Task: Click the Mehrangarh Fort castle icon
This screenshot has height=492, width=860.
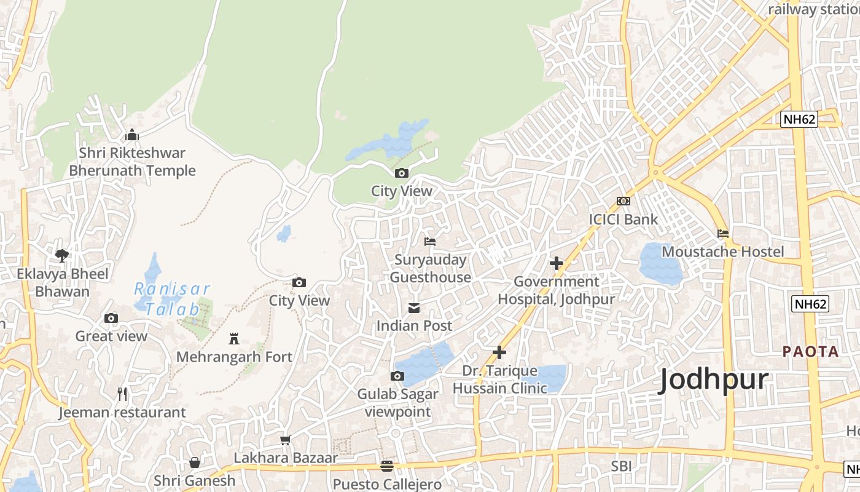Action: click(234, 339)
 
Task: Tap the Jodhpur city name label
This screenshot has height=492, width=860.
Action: click(713, 381)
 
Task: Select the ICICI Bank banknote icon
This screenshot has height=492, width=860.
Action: click(623, 201)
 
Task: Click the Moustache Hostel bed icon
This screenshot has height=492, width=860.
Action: click(723, 234)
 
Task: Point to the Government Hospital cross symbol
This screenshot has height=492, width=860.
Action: click(557, 263)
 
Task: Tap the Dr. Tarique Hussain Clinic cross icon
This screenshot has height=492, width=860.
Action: click(499, 352)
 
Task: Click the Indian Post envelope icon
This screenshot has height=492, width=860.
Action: click(415, 307)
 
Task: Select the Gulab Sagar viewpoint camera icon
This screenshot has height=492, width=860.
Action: click(397, 376)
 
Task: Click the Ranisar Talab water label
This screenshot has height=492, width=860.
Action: click(172, 299)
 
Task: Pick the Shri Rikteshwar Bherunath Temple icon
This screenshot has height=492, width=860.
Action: click(132, 135)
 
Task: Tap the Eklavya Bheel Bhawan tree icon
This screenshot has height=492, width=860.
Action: click(62, 255)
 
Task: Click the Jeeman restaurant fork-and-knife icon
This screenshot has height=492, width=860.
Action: click(122, 394)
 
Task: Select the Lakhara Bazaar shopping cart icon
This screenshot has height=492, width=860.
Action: click(285, 440)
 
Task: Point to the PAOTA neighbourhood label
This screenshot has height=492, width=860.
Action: click(810, 352)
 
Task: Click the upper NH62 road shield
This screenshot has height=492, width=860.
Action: click(799, 119)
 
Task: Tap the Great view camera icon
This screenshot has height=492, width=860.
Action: click(111, 318)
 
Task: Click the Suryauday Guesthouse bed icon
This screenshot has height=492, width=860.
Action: click(430, 242)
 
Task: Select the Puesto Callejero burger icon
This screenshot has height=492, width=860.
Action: click(386, 466)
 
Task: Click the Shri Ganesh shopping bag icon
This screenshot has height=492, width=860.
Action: click(195, 462)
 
